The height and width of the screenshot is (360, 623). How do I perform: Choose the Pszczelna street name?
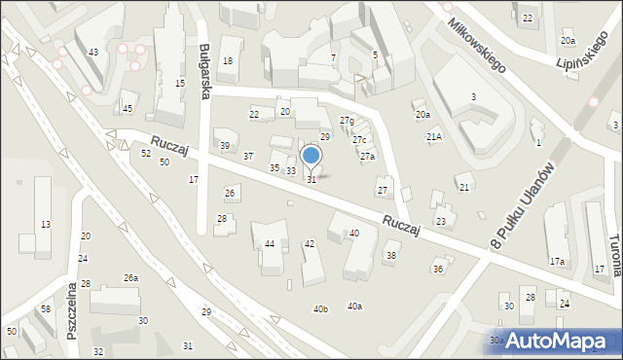tap(71, 315)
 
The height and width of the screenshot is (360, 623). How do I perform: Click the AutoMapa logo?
tap(558, 341)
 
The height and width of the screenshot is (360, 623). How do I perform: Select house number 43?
tap(93, 52)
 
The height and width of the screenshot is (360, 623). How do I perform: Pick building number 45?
tap(128, 108)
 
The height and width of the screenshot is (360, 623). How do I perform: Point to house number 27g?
tap(347, 120)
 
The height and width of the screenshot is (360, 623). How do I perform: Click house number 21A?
tap(434, 137)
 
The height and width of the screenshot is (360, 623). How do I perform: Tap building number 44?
tap(270, 243)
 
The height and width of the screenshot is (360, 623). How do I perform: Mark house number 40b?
tap(320, 309)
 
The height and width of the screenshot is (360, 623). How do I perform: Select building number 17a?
tap(557, 262)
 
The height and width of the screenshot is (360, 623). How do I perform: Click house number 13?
tap(45, 225)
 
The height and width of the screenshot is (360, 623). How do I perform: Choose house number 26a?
tap(130, 278)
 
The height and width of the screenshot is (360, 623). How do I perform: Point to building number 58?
tap(46, 308)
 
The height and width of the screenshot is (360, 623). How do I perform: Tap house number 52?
tap(145, 154)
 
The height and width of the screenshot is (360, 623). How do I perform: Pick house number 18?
tap(228, 61)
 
